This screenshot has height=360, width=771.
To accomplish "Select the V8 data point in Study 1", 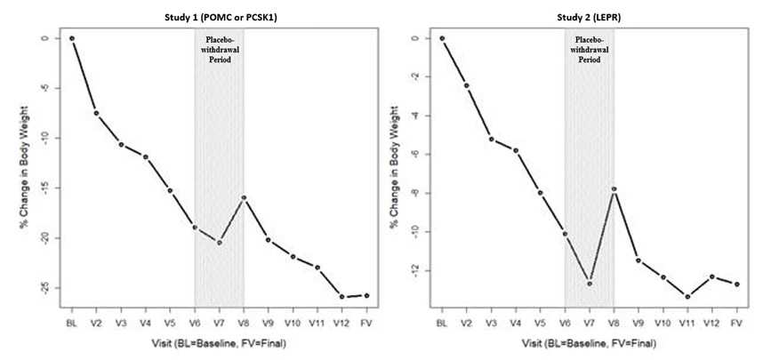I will [244, 197].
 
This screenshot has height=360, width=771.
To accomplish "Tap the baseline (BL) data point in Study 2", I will [441, 38].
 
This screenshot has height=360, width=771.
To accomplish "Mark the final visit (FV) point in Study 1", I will [367, 295].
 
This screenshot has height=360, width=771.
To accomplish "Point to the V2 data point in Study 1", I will [96, 114].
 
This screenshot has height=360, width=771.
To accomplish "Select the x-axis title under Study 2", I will [589, 342].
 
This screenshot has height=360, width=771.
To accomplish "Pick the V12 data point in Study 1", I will [342, 296].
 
